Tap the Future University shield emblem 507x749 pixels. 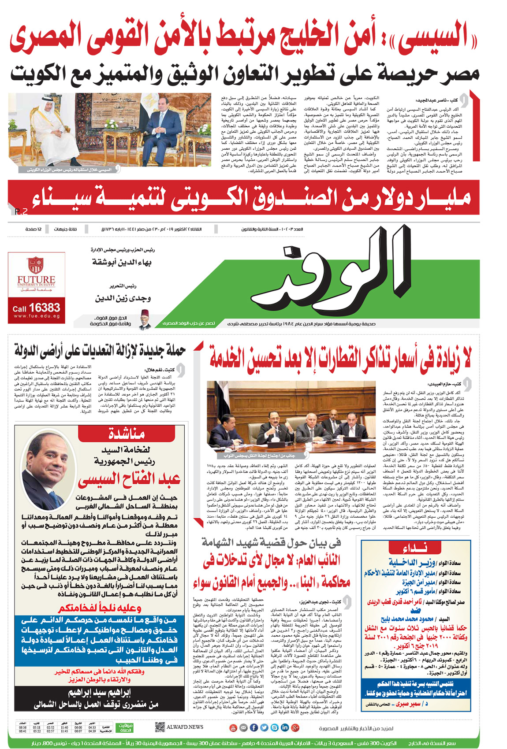(x=36, y=265)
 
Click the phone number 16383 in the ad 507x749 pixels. (x=45, y=307)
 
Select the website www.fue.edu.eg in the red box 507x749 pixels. (x=37, y=316)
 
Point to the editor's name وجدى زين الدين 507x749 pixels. (x=123, y=298)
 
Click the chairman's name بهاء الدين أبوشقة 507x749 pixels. (x=122, y=262)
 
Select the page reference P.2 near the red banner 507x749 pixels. (x=21, y=212)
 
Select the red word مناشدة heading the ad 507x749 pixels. (x=127, y=434)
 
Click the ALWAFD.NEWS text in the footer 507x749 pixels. (x=185, y=727)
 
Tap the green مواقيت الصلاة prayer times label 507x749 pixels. (x=125, y=727)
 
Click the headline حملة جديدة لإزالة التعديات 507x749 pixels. (x=100, y=352)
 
